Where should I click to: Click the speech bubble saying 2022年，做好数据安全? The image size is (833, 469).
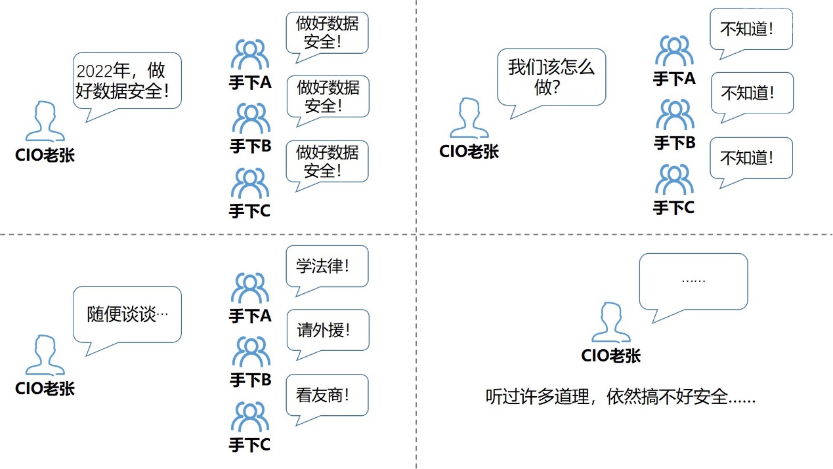pos(126,81)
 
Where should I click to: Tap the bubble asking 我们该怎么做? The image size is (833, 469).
pos(551,76)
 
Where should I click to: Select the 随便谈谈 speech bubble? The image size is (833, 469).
pos(127,314)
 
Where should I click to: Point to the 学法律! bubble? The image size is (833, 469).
pos(327,266)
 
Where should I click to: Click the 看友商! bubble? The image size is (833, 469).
pos(327,395)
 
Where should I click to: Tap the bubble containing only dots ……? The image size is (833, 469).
pos(693,280)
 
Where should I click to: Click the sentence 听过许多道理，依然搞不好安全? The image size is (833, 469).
pos(620,396)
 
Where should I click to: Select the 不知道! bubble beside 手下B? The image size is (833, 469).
pos(752,93)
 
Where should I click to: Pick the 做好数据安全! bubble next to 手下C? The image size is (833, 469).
pos(327,161)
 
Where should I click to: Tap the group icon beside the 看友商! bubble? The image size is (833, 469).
pos(250,418)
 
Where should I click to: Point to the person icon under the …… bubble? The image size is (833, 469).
pos(610,323)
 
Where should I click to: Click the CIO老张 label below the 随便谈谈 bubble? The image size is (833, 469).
pos(45,388)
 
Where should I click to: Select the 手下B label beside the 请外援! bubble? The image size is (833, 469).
pos(250,380)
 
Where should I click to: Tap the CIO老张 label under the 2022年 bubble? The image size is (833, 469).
pos(45,155)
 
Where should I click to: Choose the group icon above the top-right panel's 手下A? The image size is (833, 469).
pos(674,52)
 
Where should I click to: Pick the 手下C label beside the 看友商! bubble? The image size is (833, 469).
pos(249,445)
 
